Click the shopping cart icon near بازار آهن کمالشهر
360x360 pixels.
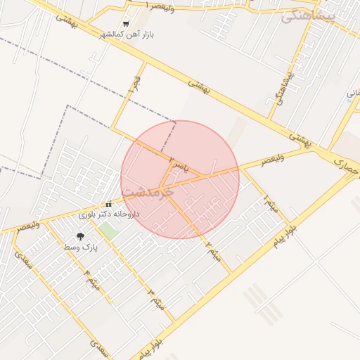pyautogui.click(x=127, y=23)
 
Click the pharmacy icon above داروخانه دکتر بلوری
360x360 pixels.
pyautogui.click(x=108, y=205)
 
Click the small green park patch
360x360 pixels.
pyautogui.click(x=108, y=229)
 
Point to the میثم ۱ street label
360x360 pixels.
pyautogui.click(x=270, y=205)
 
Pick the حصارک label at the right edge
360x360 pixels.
pyautogui.click(x=346, y=167)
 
